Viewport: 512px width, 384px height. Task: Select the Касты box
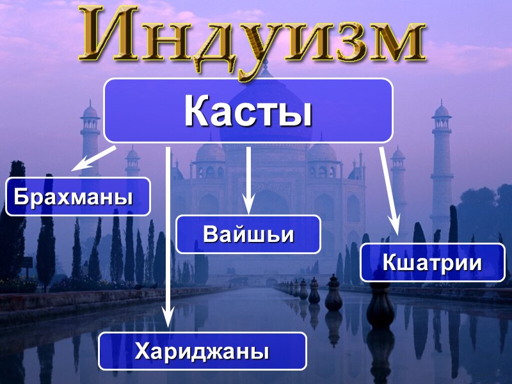(248, 111)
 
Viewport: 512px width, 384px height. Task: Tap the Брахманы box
(78, 196)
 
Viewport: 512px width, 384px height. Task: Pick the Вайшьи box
(248, 234)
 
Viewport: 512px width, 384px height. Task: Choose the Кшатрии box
(432, 262)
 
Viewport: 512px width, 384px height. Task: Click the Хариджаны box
(202, 351)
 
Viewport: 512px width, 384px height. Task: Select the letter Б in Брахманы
(21, 196)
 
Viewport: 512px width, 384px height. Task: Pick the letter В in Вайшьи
(211, 234)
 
